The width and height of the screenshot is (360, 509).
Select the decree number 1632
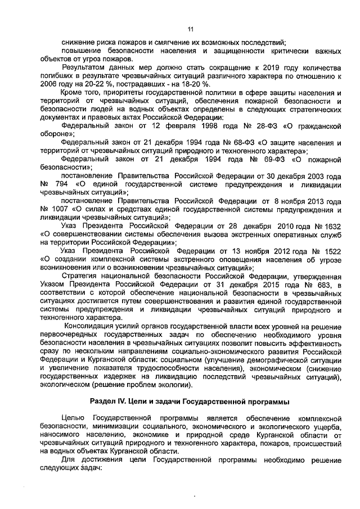(x=330, y=226)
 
